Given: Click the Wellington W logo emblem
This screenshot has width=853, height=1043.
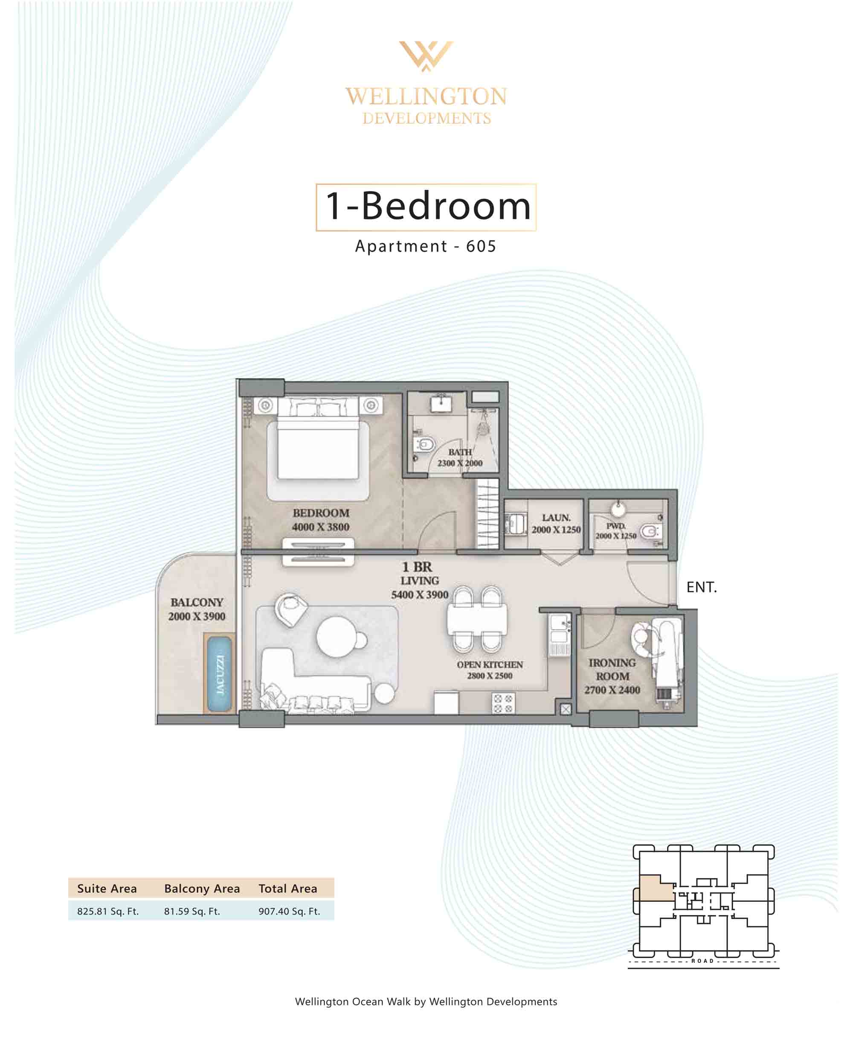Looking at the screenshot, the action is [426, 55].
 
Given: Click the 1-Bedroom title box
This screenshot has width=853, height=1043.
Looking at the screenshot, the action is [426, 207].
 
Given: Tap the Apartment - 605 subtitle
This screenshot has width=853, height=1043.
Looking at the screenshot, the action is [426, 246].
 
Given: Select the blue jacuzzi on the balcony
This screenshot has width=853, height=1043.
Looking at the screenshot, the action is [219, 674].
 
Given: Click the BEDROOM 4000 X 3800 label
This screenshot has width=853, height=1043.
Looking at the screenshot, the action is [321, 519].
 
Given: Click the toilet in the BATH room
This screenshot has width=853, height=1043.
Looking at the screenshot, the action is [424, 444].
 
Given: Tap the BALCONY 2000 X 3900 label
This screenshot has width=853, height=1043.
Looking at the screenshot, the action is [197, 609].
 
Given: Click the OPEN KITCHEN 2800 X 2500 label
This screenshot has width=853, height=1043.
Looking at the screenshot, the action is [490, 670].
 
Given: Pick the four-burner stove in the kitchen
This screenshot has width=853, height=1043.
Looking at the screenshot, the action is [503, 703].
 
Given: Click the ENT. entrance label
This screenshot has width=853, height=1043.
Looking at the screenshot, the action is [702, 587].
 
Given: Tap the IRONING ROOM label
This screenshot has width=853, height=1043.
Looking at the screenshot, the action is [612, 670].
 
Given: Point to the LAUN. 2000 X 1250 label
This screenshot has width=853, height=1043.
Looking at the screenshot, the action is [556, 524].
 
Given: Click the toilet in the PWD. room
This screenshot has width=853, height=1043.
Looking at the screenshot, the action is [650, 531].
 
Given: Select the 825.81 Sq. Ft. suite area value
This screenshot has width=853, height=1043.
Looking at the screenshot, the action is [108, 911].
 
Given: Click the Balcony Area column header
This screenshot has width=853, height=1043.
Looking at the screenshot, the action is [202, 888].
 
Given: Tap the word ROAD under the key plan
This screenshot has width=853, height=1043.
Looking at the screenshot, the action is [702, 961].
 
